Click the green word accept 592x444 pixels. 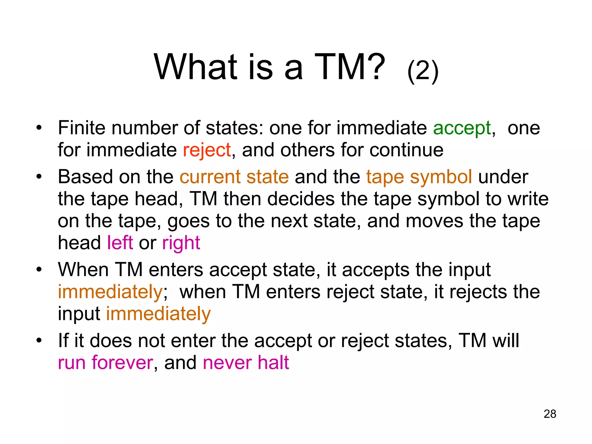pos(462,128)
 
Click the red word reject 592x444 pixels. pos(207,150)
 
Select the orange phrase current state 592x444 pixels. pos(234,177)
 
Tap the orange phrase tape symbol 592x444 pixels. pos(419,177)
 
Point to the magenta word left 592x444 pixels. pos(120,243)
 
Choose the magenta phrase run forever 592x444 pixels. pos(106,362)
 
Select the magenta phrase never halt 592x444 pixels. pos(246,362)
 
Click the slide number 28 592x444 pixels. pos(550,414)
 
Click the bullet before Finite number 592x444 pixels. pos(39,127)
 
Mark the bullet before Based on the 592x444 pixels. pos(39,176)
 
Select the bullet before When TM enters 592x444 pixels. pos(39,269)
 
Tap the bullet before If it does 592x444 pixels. pos(39,340)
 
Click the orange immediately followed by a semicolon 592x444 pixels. pos(110,292)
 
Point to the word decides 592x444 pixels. pos(301,199)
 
